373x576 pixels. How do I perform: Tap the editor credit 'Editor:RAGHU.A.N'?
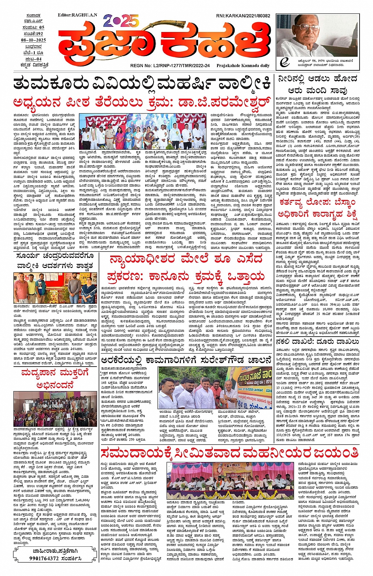point(77,15)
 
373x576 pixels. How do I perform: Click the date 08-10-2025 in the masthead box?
point(34,40)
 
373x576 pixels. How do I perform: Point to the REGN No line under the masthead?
point(170,66)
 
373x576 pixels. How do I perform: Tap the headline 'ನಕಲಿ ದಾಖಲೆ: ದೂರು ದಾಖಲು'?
point(317,341)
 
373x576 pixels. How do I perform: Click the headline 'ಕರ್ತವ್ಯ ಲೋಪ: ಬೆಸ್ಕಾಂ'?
point(317,203)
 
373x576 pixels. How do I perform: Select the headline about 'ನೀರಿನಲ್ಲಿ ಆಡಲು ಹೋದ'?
point(317,84)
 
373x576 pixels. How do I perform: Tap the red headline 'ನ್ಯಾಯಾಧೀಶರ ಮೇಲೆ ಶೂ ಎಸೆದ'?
point(186,260)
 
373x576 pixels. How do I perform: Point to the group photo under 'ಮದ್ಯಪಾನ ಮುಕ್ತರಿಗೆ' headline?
point(55,409)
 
